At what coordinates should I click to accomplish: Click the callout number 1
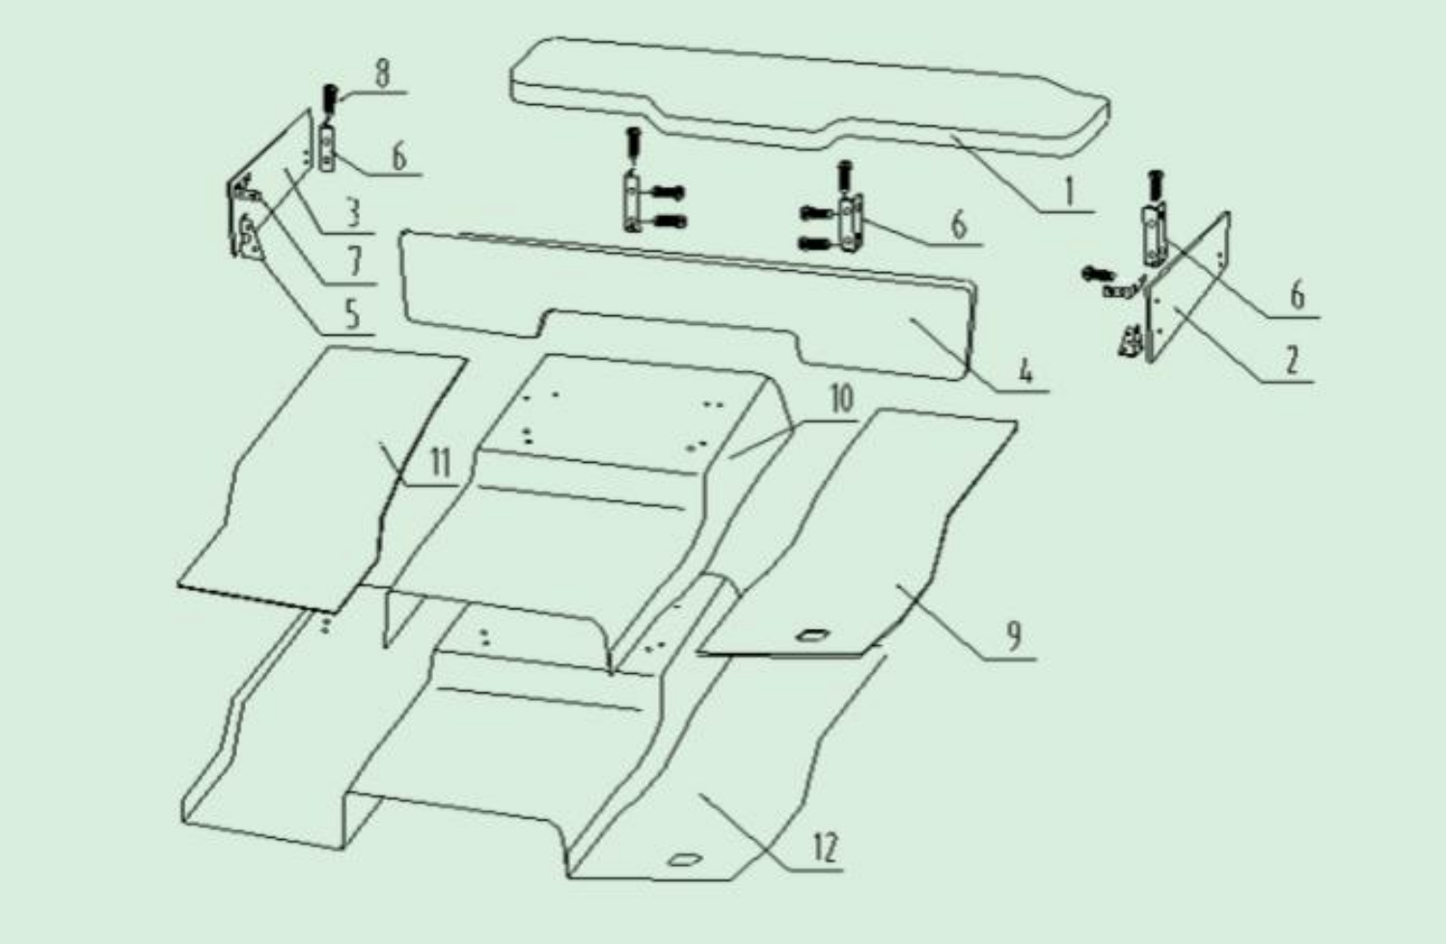pyautogui.click(x=1069, y=192)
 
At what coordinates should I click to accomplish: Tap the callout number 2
pyautogui.click(x=1292, y=360)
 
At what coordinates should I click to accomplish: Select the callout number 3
pyautogui.click(x=353, y=212)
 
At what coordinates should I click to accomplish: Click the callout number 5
pyautogui.click(x=352, y=314)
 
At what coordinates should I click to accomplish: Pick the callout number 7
pyautogui.click(x=354, y=261)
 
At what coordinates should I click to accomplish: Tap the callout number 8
pyautogui.click(x=383, y=73)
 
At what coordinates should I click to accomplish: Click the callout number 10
pyautogui.click(x=842, y=398)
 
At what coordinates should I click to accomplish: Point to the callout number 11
pyautogui.click(x=440, y=463)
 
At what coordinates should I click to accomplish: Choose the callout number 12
pyautogui.click(x=825, y=848)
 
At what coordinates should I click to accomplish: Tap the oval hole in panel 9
pyautogui.click(x=810, y=636)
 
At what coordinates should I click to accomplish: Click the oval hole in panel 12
pyautogui.click(x=685, y=859)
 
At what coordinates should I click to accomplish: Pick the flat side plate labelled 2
pyautogui.click(x=1188, y=287)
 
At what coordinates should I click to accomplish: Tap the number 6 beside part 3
pyautogui.click(x=400, y=156)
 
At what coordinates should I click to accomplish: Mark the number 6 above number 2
pyautogui.click(x=1297, y=296)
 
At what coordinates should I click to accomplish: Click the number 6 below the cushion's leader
pyautogui.click(x=959, y=225)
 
